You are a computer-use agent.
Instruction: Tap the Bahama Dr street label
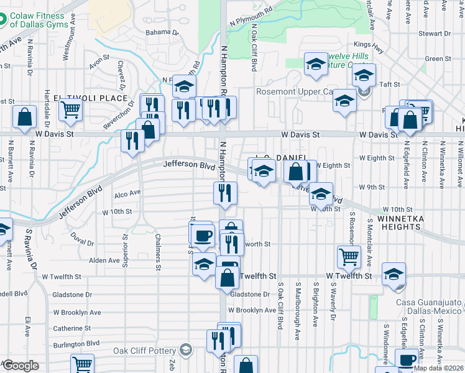[162, 32]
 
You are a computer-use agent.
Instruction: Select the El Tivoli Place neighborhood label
[90, 98]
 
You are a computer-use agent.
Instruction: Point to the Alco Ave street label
[128, 195]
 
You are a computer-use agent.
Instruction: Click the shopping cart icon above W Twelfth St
[349, 256]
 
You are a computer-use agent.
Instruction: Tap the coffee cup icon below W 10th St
[201, 234]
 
